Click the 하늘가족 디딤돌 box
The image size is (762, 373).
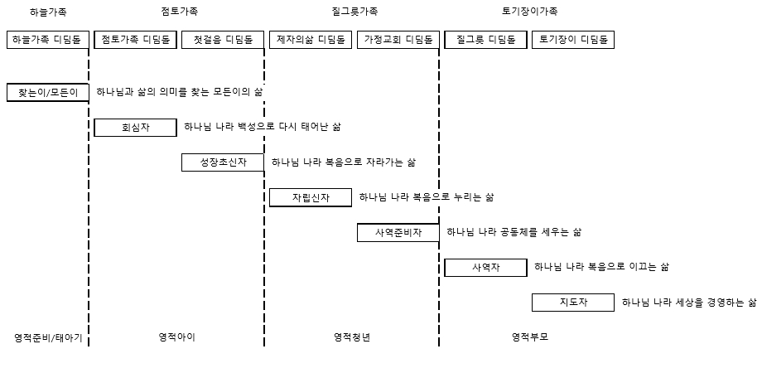click(48, 40)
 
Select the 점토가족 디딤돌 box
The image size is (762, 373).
click(135, 40)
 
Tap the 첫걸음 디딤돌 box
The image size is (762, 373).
click(223, 40)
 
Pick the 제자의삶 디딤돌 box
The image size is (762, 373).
click(311, 40)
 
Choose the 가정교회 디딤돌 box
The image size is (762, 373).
click(398, 40)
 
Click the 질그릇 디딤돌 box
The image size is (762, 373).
click(486, 40)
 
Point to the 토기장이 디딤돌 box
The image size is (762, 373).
click(573, 40)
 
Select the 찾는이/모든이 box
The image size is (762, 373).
click(48, 92)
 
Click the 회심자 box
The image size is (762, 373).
click(135, 128)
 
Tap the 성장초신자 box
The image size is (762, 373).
click(223, 162)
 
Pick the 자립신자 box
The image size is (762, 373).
click(311, 197)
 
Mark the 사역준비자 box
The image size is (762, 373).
click(398, 232)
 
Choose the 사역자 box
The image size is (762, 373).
click(486, 268)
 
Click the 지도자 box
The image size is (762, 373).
click(573, 303)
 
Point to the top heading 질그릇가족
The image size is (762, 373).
click(354, 11)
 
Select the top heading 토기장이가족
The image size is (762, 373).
click(530, 11)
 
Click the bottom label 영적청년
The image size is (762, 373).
click(352, 337)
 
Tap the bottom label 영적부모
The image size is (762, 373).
click(530, 337)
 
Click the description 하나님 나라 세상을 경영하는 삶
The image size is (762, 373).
click(689, 303)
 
